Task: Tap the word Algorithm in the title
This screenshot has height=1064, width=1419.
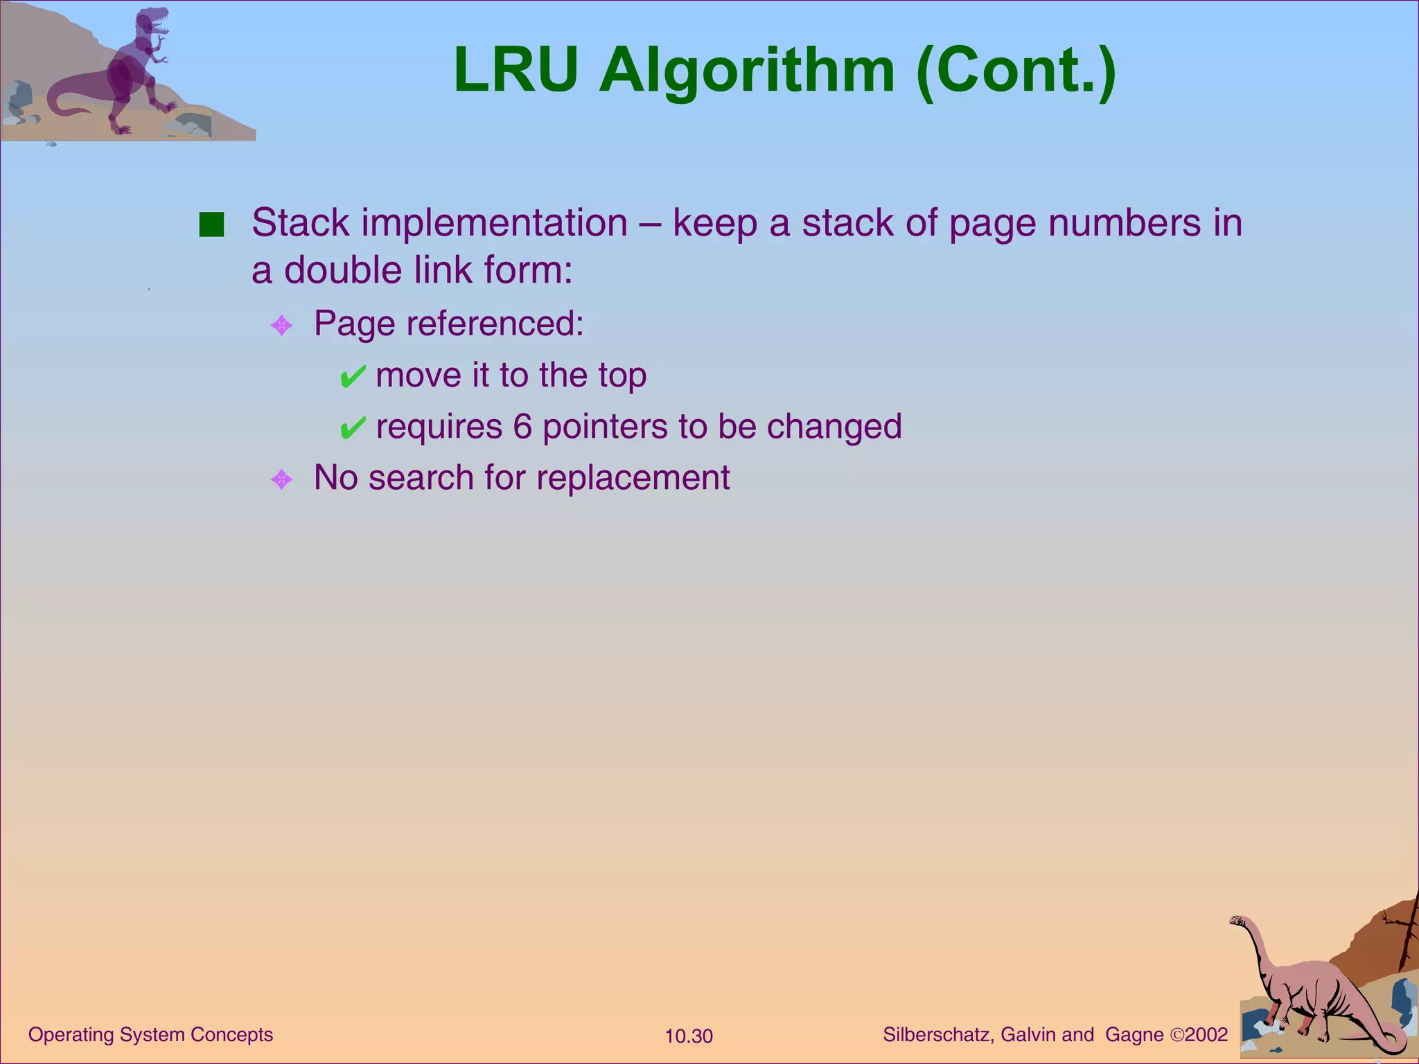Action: pos(747,72)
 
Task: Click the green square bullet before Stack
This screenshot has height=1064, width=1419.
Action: pos(211,225)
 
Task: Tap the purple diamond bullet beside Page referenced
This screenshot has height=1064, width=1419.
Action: pos(281,325)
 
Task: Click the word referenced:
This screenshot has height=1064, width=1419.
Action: pos(495,323)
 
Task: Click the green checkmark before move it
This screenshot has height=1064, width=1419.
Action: pos(352,377)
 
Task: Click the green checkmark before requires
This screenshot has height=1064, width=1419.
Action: pos(352,428)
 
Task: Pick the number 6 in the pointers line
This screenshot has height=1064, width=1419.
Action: pos(522,427)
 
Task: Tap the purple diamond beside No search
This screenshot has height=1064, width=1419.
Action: pos(281,479)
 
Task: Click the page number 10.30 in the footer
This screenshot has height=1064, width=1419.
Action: pos(689,1036)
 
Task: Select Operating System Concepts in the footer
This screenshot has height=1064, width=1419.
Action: pos(150,1034)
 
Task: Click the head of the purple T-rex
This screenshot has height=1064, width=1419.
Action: pos(154,21)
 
